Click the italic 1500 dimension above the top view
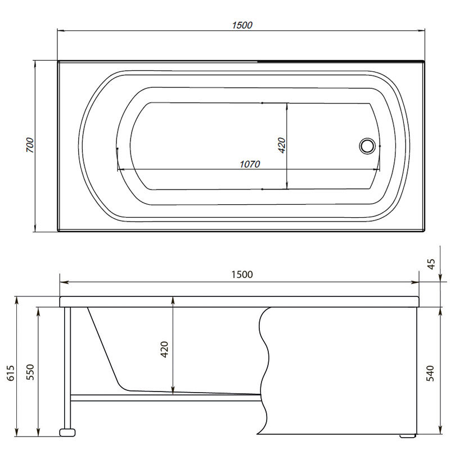coord(242,25)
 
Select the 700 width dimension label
coord(30,145)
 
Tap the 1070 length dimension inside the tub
coord(250,164)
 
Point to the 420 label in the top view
coord(282,145)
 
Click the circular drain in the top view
coord(367,146)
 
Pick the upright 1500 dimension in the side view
coord(242,274)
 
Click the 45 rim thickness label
coord(431,264)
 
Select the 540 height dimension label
coord(430,373)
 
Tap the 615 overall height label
coord(11,373)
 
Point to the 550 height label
coord(30,372)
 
